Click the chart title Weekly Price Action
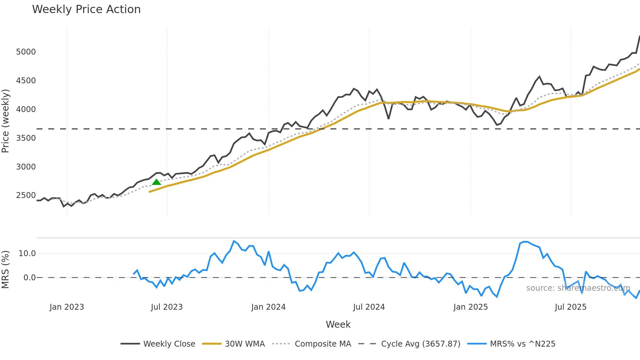86,9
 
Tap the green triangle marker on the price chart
156,182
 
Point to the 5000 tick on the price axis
26,52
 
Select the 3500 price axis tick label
26,138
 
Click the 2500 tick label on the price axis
26,195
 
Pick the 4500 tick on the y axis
26,81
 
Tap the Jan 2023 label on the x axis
67,307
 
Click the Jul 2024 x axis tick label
369,307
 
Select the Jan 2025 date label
471,307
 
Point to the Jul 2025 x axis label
570,307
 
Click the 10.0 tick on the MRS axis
27,254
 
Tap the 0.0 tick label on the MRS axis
29,278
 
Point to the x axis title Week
338,324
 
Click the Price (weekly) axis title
6,121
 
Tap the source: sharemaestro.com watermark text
578,288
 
